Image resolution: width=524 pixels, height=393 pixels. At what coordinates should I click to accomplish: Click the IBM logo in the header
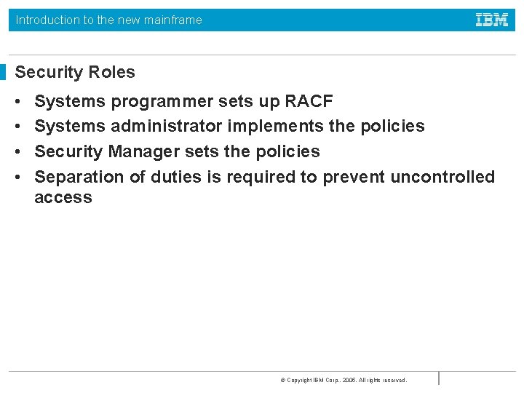(x=492, y=20)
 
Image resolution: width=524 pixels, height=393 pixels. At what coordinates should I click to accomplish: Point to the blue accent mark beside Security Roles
(x=3, y=72)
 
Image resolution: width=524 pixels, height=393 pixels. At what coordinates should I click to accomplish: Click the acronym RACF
(x=309, y=100)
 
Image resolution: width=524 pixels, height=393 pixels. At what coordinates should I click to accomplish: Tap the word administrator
(x=167, y=126)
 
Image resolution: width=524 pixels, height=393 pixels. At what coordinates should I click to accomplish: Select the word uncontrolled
(x=442, y=177)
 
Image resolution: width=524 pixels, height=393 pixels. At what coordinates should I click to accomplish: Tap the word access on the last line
(x=63, y=197)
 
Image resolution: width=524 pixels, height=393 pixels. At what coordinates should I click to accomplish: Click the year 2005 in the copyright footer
(x=349, y=380)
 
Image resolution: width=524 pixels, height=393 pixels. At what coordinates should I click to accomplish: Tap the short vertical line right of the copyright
(x=439, y=378)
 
